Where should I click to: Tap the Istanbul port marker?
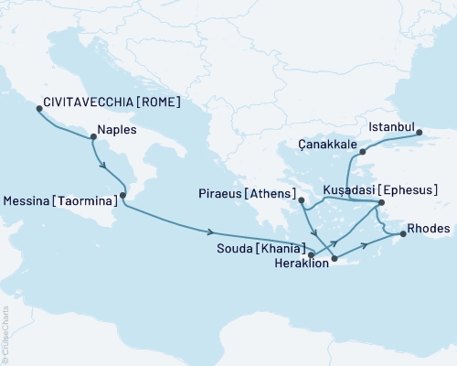(x=420, y=133)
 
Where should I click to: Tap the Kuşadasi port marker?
(x=381, y=201)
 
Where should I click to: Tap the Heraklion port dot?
(x=335, y=259)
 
